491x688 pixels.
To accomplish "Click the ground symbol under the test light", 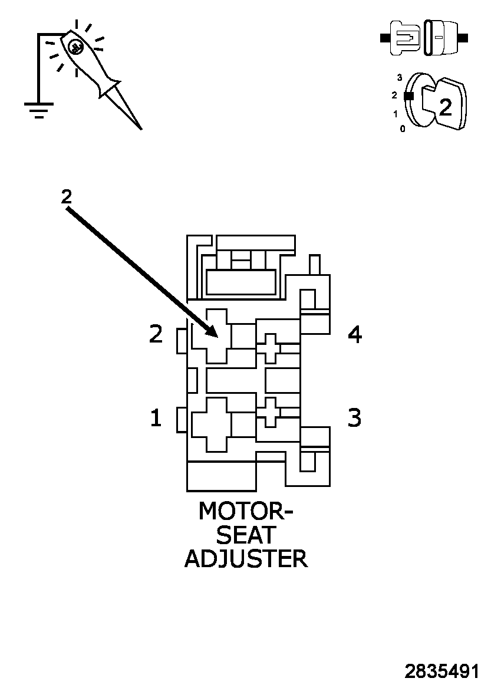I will tap(39, 110).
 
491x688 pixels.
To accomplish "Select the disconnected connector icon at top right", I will tap(424, 38).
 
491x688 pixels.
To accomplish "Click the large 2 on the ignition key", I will tap(446, 107).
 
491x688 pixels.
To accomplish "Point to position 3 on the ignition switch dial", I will tap(400, 78).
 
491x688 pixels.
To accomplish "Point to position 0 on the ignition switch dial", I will tap(403, 129).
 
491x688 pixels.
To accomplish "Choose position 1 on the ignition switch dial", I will tap(396, 114).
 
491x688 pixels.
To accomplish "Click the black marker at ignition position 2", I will tap(408, 96).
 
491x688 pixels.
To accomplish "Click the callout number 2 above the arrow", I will tap(67, 197).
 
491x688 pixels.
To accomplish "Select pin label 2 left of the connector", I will tap(156, 335).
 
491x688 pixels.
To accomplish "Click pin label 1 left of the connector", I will tap(156, 419).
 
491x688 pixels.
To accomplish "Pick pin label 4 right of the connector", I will tap(354, 335).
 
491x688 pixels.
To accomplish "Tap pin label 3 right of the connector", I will tap(354, 418).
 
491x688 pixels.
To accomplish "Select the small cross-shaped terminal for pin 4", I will tap(270, 348).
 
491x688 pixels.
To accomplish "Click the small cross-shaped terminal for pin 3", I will tap(270, 412).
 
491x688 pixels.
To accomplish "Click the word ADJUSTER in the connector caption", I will tap(246, 558).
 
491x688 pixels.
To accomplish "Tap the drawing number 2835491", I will tap(441, 671).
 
